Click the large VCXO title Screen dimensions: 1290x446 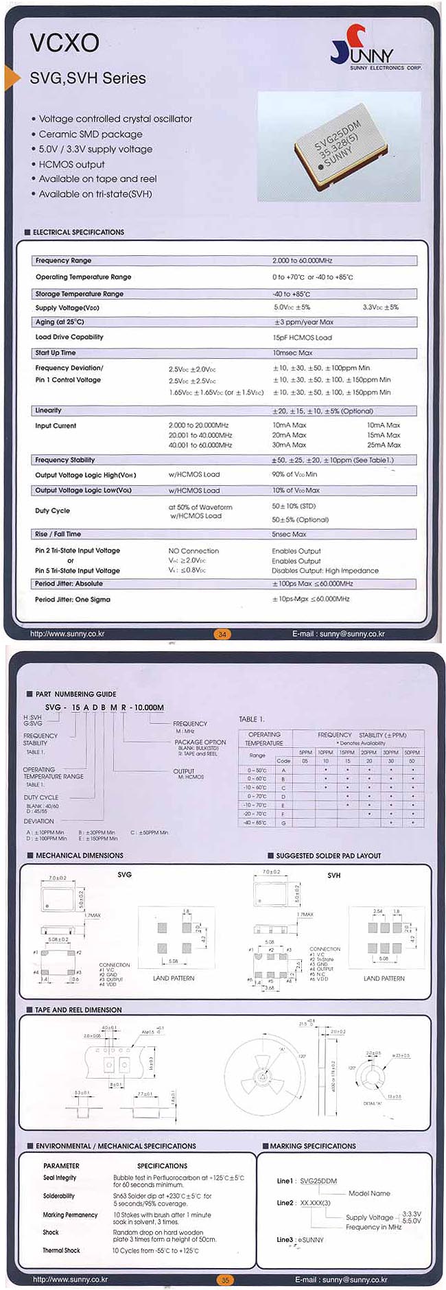point(64,43)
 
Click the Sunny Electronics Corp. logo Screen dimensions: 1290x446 point(375,48)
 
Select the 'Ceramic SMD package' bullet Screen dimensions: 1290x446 point(90,134)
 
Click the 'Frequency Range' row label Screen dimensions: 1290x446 point(63,261)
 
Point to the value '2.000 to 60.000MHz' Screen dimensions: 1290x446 point(302,261)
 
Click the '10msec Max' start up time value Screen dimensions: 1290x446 point(292,353)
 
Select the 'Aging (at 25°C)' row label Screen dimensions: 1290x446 point(60,322)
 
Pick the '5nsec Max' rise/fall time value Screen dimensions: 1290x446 point(289,534)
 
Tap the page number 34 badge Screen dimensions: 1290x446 point(222,634)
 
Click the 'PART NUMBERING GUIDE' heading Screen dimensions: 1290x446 point(75,694)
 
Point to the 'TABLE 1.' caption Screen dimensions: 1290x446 point(251,719)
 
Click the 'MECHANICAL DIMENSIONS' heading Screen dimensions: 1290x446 point(79,856)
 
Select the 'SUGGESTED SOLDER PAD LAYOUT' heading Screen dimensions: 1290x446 point(328,856)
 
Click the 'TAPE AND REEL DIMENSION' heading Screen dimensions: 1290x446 point(78,1010)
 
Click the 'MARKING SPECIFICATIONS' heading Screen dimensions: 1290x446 point(312,1146)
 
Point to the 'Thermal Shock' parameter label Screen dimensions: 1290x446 point(62,1250)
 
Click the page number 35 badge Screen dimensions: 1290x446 point(224,1280)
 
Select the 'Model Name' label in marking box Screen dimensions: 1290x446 point(369,1193)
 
